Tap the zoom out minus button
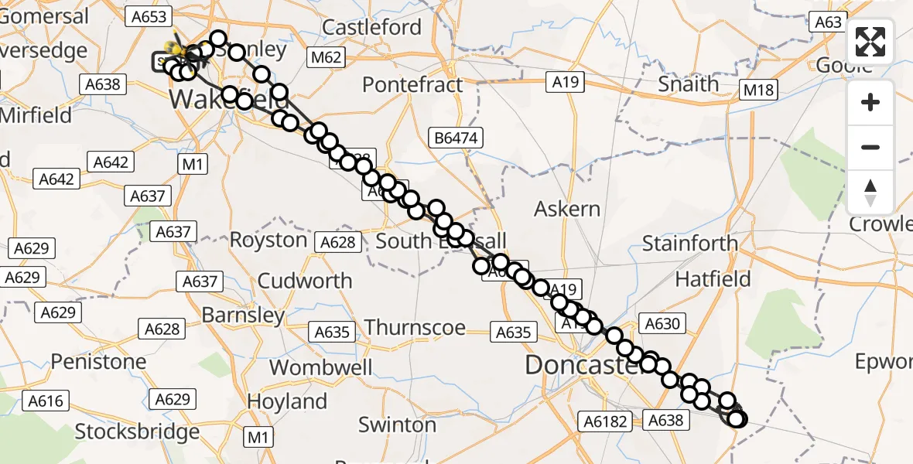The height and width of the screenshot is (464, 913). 870,147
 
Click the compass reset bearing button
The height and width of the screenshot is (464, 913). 870,192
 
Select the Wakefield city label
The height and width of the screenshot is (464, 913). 218,99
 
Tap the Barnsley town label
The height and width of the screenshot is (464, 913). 243,316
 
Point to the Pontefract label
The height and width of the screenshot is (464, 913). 412,84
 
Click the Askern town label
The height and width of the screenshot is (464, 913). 567,209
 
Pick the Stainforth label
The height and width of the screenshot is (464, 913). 690,244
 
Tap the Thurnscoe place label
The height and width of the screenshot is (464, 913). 415,328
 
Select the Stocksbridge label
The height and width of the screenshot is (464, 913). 138,431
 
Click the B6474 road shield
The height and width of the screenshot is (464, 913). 457,138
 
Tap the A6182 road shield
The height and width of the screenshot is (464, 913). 603,421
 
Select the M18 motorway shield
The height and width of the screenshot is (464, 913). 757,90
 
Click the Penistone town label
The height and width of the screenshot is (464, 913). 98,362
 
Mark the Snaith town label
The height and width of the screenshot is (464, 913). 688,84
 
